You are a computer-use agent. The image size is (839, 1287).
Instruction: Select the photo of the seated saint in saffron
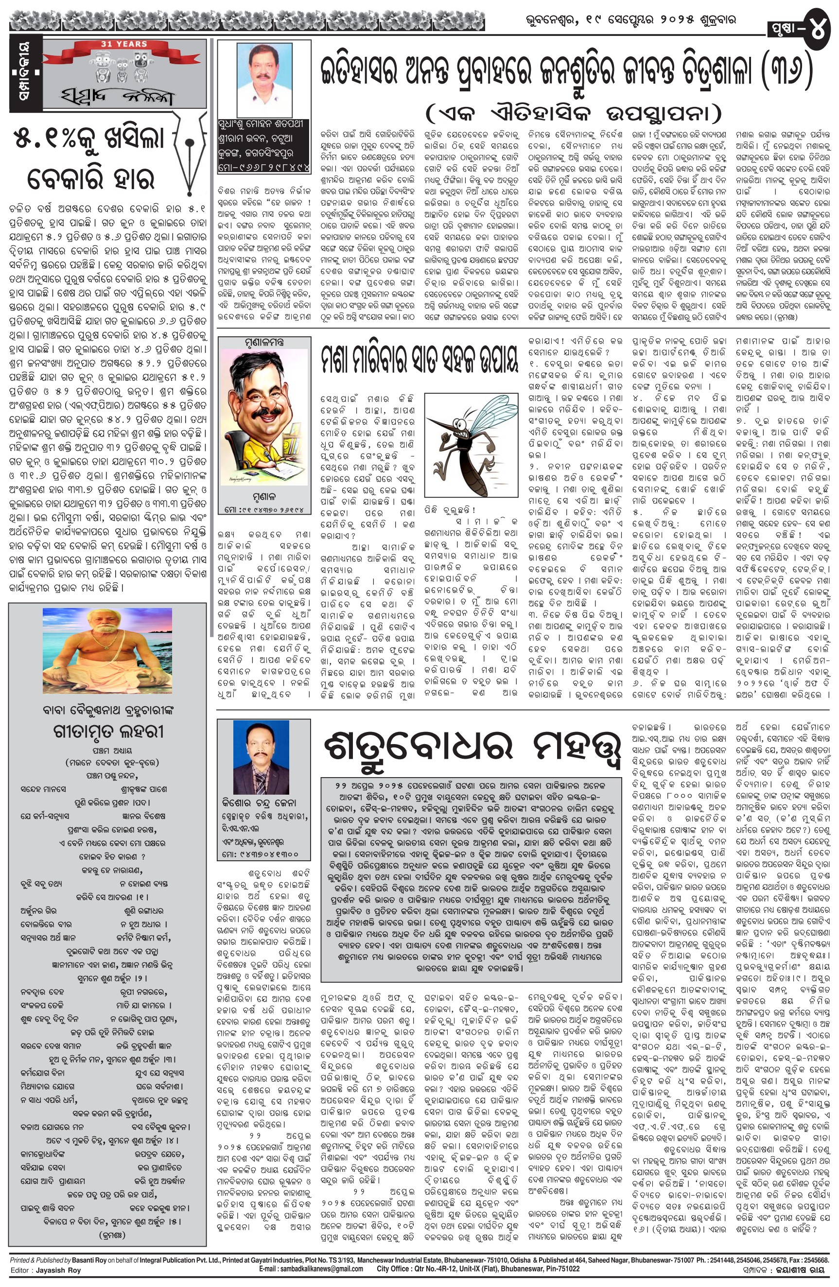(107, 653)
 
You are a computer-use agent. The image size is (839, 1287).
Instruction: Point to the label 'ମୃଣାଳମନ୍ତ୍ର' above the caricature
(264, 342)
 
